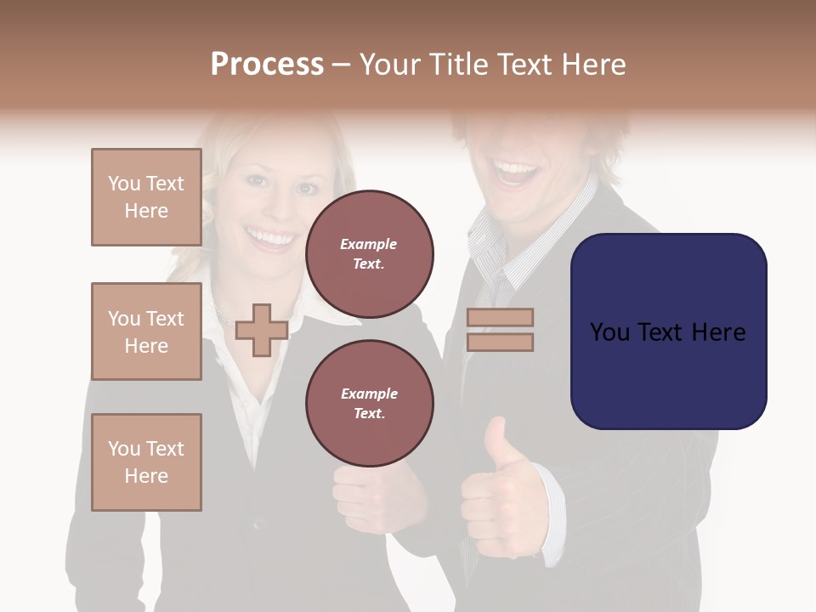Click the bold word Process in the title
[x=267, y=65]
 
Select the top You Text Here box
[x=146, y=197]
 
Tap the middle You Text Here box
[x=146, y=331]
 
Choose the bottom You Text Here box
[x=146, y=462]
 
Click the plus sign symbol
[x=262, y=330]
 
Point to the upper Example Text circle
[x=369, y=254]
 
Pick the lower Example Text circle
[x=369, y=404]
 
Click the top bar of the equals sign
[x=500, y=317]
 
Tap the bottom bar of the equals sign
[x=500, y=342]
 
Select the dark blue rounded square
[x=668, y=331]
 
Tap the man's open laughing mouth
[x=518, y=174]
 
